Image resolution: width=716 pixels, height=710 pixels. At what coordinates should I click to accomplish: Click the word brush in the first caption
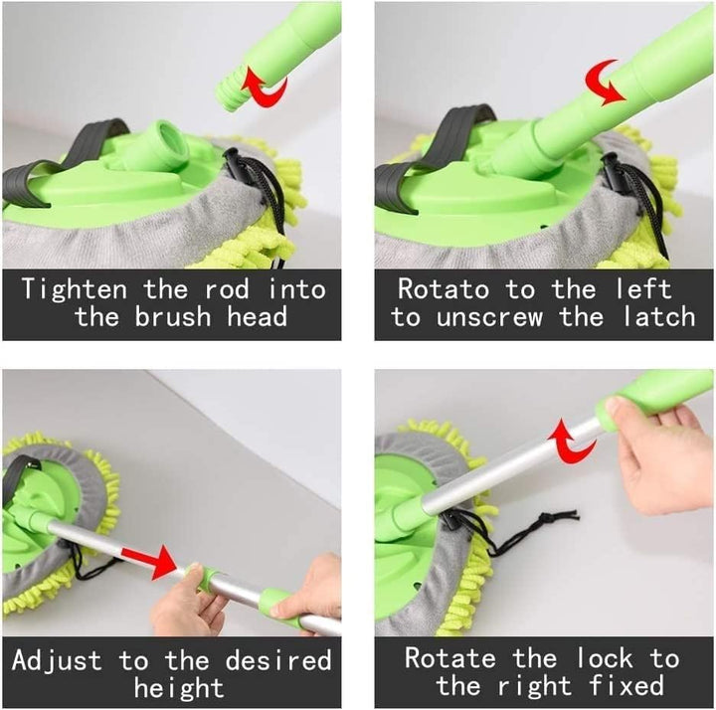[x=189, y=318]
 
